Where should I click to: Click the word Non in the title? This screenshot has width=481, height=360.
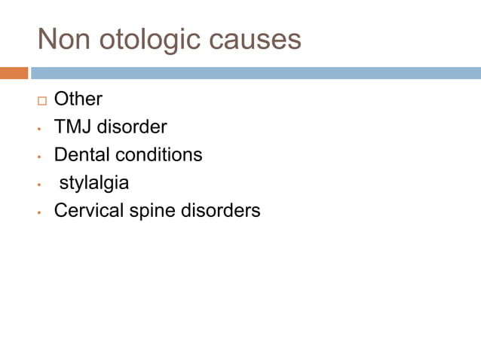pos(63,39)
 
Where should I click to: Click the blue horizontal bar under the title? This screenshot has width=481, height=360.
pos(256,73)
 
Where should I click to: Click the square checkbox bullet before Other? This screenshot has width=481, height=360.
pos(41,100)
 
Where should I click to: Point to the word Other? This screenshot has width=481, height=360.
pos(78,99)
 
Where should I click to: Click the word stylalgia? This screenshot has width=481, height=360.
pos(94,183)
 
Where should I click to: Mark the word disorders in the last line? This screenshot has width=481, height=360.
pos(221,210)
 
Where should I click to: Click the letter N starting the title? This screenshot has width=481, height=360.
pos(47,39)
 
